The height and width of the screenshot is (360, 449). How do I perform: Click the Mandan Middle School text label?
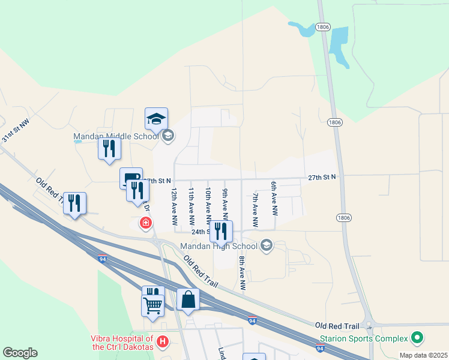pos(116,137)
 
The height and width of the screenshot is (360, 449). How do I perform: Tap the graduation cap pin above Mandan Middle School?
pos(156,119)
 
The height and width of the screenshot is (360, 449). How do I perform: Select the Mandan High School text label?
pos(219,246)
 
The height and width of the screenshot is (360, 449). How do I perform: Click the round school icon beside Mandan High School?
pos(267,245)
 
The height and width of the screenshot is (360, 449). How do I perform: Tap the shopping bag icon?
pos(188,299)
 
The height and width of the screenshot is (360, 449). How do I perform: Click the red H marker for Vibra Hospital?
pos(161,343)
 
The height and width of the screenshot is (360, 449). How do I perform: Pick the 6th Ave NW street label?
pos(274,199)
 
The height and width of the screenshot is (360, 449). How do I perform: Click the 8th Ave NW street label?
pos(243,273)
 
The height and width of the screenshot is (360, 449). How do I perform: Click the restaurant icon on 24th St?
pos(221,230)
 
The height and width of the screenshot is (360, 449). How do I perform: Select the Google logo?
pos(20,353)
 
